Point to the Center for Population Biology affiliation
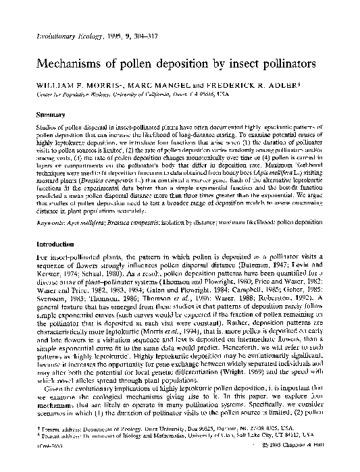click(x=84, y=95)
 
